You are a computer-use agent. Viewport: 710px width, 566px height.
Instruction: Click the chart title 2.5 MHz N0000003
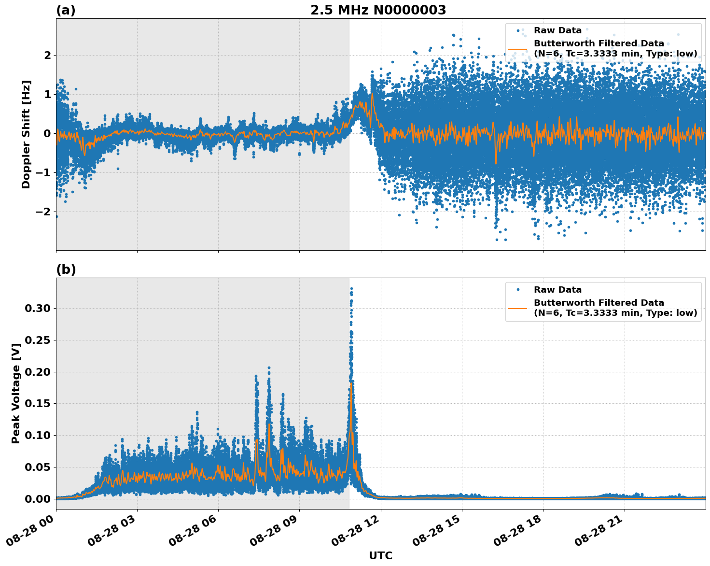click(x=378, y=10)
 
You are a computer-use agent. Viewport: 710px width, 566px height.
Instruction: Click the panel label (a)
click(x=66, y=10)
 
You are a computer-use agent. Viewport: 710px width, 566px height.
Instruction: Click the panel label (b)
click(x=66, y=269)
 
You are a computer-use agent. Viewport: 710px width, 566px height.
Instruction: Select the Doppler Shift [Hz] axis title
click(x=26, y=134)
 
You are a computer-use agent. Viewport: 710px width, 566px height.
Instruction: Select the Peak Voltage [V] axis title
click(x=16, y=404)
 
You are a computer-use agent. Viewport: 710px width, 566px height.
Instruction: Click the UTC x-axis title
click(x=380, y=555)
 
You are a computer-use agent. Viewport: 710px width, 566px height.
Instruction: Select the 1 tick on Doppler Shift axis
click(x=47, y=94)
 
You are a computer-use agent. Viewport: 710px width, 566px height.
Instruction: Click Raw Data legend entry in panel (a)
click(x=557, y=30)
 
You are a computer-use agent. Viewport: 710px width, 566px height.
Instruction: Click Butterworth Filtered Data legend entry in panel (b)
click(x=615, y=308)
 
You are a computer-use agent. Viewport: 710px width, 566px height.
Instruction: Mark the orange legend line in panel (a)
click(x=518, y=49)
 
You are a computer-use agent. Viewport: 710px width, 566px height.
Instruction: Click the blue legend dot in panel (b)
click(x=518, y=290)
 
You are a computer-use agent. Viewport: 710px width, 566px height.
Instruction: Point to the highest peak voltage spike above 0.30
click(x=351, y=289)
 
